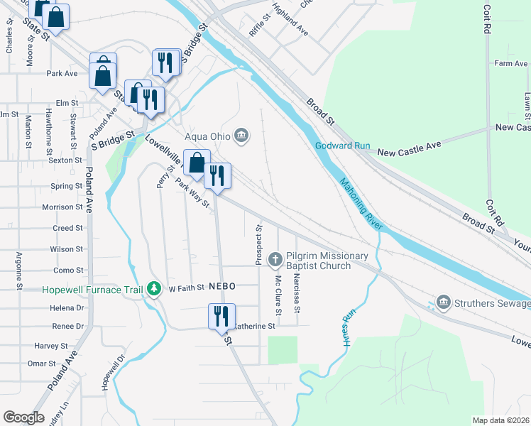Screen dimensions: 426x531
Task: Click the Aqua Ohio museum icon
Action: click(242, 135)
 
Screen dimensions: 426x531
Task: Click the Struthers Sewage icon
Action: click(444, 303)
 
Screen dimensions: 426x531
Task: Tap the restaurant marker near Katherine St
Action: click(221, 315)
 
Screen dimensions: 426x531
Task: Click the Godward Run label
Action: click(343, 146)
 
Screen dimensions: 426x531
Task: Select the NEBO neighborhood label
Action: click(222, 285)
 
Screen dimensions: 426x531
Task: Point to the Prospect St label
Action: click(259, 245)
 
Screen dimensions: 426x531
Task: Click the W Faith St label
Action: click(186, 288)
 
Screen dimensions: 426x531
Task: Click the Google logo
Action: click(24, 417)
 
